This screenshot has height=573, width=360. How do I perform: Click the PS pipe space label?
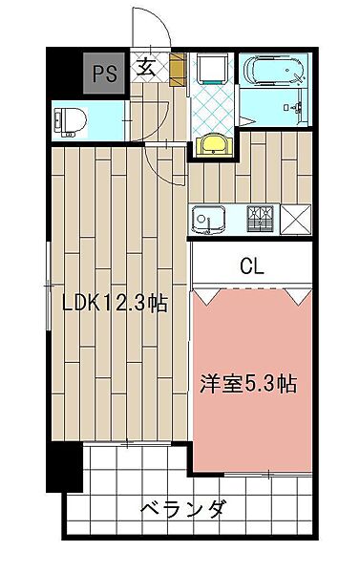coord(105,74)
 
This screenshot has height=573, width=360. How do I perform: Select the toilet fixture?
coord(70,121)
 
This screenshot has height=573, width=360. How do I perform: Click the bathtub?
coord(273,69)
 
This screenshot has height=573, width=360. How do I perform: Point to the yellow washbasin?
coord(214,145)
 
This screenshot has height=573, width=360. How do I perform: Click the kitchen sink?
coord(208,220)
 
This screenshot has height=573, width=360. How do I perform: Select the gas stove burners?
coord(261,219)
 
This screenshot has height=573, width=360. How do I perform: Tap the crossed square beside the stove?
coord(296,220)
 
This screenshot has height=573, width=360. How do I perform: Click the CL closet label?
coord(252,266)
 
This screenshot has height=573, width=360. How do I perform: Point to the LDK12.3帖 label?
coord(115,304)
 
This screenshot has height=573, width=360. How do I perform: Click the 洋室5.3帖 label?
coord(248,384)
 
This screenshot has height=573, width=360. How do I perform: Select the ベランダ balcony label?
coord(183,508)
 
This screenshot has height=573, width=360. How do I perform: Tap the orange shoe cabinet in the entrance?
coord(178,70)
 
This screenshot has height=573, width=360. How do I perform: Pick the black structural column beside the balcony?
coord(64,467)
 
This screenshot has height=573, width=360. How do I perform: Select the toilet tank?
coord(58,121)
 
